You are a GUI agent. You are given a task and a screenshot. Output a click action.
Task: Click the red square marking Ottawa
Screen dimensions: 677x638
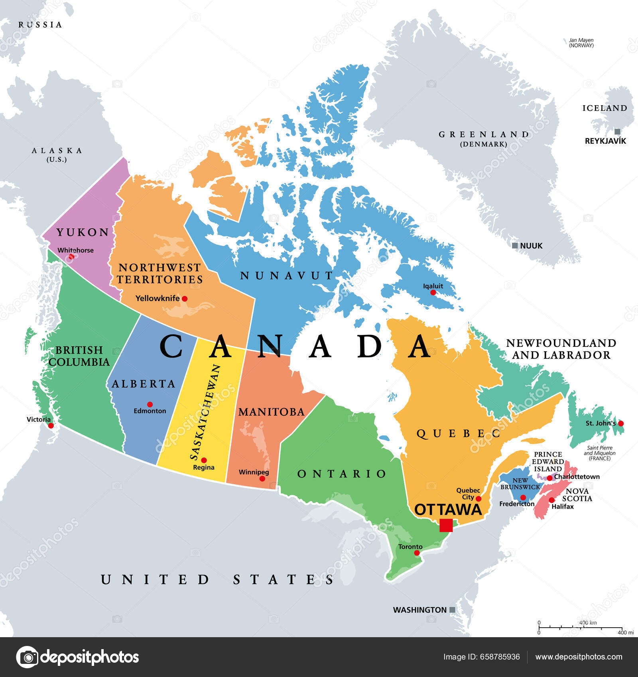[x=446, y=525]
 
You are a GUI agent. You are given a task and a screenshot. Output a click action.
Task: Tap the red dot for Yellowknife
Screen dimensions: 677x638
[x=184, y=298]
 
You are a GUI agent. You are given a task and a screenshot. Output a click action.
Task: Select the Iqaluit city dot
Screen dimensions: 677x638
[x=433, y=293]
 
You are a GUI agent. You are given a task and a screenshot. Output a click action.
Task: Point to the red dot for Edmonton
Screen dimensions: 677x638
[x=150, y=404]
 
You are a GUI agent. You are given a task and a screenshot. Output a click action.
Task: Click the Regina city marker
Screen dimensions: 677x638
[x=204, y=460]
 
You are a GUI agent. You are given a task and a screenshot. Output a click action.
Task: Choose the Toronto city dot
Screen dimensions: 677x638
[x=417, y=553]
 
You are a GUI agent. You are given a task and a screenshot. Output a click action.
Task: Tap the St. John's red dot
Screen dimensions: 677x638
[x=620, y=423]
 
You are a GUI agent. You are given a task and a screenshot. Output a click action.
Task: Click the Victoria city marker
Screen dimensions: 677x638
[x=51, y=426]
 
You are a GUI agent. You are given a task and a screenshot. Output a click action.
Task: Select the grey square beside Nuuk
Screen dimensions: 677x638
[x=515, y=246]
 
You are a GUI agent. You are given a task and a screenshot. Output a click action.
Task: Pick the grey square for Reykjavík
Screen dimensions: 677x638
[x=617, y=132]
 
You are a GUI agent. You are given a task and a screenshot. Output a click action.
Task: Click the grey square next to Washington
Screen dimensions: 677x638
[x=452, y=610]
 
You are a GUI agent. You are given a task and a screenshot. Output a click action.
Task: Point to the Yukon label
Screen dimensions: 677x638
[x=83, y=232]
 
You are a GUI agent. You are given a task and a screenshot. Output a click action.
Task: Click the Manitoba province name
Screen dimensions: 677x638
[x=271, y=412]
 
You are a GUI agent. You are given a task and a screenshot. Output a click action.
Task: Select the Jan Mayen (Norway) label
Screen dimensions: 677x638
[x=581, y=43]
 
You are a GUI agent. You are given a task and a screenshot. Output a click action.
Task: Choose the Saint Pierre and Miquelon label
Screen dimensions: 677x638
[x=600, y=453]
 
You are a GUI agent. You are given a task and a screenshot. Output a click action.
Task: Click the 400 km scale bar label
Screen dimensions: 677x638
[x=588, y=623]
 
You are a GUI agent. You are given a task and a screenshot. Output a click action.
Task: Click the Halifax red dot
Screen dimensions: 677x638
[x=552, y=500]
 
